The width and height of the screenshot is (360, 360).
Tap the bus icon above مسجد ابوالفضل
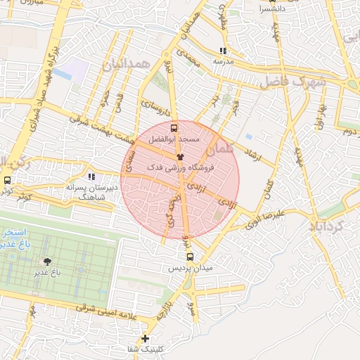[x=174, y=129]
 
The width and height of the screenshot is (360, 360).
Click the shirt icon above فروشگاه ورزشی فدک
[x=180, y=157]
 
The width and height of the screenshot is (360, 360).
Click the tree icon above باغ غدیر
[x=47, y=262]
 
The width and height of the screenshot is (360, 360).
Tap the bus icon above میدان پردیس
[x=190, y=257]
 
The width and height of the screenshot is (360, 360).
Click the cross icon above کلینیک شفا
[x=145, y=338]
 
